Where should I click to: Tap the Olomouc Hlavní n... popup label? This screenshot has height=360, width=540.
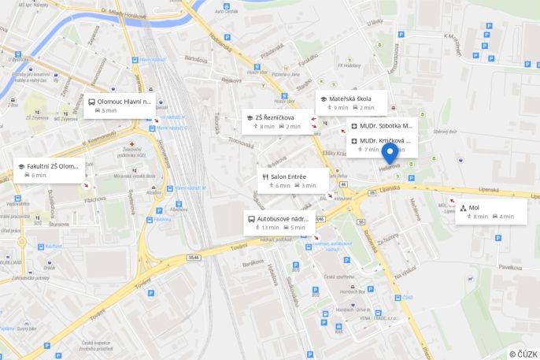[x=124, y=102]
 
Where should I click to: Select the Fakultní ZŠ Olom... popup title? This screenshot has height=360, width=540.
[x=53, y=166]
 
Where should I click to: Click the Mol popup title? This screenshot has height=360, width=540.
[x=474, y=208]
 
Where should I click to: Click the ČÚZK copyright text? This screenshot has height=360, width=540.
[x=523, y=354]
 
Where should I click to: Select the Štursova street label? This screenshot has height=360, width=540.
[x=58, y=224]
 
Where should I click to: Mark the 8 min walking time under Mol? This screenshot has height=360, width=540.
[x=480, y=217]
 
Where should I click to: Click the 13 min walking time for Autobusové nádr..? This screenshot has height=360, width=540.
[x=268, y=228]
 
